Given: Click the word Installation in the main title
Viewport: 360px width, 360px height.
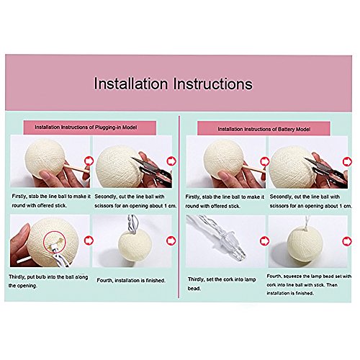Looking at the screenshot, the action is [131, 84].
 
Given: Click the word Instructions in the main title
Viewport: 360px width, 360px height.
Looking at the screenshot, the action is [213, 84].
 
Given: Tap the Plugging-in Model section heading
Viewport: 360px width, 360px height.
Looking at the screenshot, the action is [86, 127].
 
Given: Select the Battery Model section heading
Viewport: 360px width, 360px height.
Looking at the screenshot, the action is [264, 129].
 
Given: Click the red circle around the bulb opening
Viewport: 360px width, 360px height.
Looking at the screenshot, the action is [55, 243].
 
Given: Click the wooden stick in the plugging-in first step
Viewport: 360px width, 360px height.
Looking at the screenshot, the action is [76, 168].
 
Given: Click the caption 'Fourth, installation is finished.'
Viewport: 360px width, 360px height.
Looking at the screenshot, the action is [131, 280].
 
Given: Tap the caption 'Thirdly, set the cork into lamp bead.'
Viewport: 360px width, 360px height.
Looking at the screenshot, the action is [222, 284].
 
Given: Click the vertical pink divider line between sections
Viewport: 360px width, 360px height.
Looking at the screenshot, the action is [179, 207].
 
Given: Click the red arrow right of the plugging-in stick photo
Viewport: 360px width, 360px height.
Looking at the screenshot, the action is [89, 161].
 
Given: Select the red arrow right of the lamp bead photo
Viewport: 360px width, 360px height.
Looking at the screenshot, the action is [264, 240].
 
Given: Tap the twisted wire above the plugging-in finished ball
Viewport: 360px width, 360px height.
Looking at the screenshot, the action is [132, 224].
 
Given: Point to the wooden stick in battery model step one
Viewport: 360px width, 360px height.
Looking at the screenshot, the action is [253, 168].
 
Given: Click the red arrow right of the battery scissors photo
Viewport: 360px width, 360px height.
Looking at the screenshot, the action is [347, 162].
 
